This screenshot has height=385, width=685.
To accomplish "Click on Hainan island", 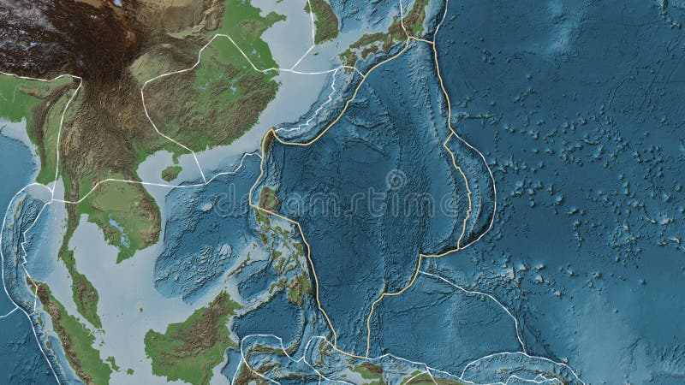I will pyautogui.click(x=172, y=173).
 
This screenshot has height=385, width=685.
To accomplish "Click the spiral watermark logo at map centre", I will pyautogui.click(x=396, y=181).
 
